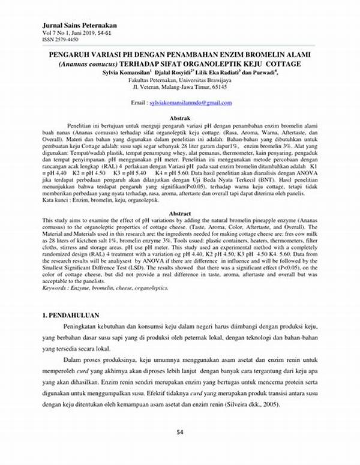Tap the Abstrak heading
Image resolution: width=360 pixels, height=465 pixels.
[x=180, y=119]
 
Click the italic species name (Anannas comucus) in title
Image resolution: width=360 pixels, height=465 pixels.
[x=92, y=64]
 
